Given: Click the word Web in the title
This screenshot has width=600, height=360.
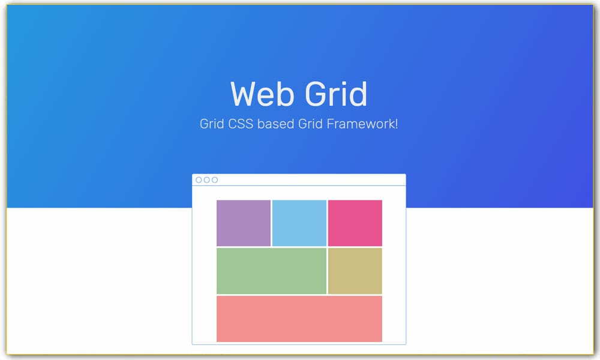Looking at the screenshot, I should pos(262,94).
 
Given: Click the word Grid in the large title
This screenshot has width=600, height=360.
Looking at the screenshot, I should pos(335,94).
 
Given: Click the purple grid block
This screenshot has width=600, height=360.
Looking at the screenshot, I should pos(244,223).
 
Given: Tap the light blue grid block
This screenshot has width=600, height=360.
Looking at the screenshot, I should pos(299,223).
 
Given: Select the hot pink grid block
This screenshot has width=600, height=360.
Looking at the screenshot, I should pos(355,223).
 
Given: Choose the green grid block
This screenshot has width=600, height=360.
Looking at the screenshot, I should pos(271,271).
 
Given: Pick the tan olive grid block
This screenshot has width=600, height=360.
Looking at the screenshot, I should pos(355,271).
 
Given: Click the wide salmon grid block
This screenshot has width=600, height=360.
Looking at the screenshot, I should pos(299,319).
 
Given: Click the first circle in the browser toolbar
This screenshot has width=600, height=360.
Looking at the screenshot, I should pos(199,180).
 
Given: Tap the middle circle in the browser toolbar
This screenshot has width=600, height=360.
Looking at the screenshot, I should pos(207,180).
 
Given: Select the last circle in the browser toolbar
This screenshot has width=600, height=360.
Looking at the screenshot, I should pos(215,180).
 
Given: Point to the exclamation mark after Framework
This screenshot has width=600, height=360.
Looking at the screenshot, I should pos(396,125).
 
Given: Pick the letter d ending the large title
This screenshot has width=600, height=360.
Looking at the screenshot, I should pos(358,94).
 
